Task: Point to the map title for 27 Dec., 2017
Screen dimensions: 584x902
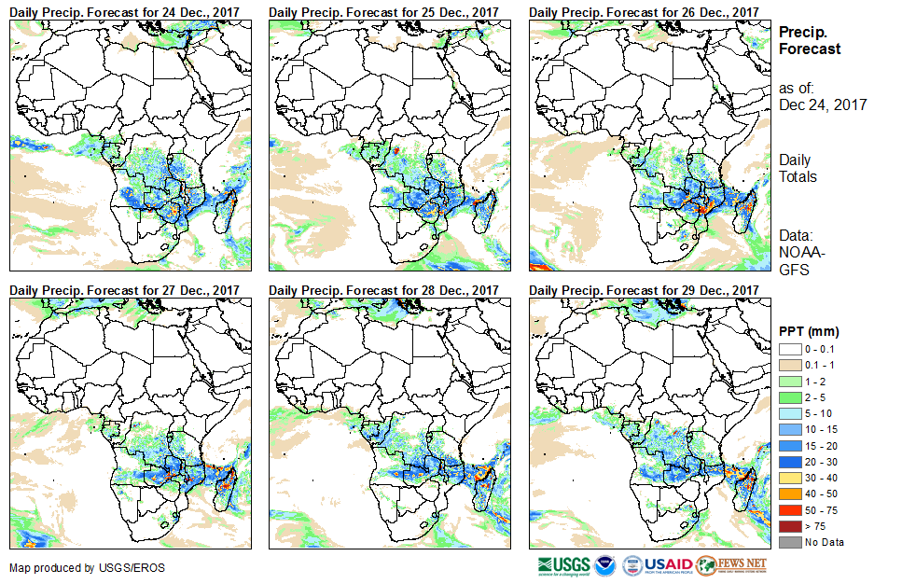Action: click(x=125, y=290)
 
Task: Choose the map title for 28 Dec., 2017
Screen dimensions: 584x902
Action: click(x=384, y=290)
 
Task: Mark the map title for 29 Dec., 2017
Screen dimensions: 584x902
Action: click(x=644, y=290)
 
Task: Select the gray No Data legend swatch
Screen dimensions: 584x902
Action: click(x=789, y=542)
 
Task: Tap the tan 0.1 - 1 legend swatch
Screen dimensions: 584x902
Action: click(x=789, y=364)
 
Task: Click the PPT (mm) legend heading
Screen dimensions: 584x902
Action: click(x=810, y=331)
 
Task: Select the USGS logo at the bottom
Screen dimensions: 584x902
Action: click(x=564, y=565)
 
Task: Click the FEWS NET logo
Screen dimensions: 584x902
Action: click(x=731, y=565)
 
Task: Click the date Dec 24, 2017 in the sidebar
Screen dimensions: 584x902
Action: click(x=823, y=104)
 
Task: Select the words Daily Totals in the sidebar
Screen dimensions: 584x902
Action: click(x=798, y=169)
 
